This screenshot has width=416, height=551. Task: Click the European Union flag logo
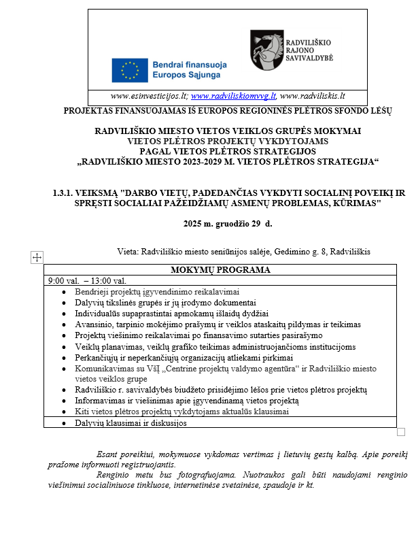click(x=130, y=69)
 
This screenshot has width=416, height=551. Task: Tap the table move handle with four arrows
click(x=37, y=257)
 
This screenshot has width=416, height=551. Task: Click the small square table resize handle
click(x=400, y=432)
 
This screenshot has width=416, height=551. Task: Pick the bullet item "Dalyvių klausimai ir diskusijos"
click(x=131, y=423)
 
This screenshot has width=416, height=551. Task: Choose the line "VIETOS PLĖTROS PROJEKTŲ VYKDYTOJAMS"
click(x=228, y=141)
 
